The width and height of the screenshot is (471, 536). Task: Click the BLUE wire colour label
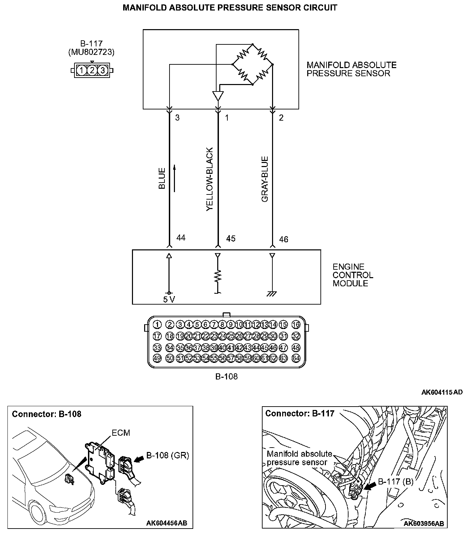coord(162,178)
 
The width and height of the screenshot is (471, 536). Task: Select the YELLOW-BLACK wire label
coord(210,179)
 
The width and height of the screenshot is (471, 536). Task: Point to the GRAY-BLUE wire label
coord(265,179)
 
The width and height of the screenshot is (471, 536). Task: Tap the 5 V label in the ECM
coord(169,300)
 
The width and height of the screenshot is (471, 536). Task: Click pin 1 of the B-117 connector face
coord(82,70)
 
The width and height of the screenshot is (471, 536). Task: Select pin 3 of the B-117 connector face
coord(103,70)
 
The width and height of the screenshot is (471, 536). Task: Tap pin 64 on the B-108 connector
coord(296,358)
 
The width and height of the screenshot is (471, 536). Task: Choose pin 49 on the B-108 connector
coord(157,358)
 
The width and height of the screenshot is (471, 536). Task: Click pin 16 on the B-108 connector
coord(296,325)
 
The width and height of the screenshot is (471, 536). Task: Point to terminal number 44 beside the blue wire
coord(181,238)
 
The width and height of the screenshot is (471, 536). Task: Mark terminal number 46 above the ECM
coord(284,239)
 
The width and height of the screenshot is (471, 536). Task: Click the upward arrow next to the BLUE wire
coord(175,178)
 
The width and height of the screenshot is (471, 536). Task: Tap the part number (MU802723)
coord(91,52)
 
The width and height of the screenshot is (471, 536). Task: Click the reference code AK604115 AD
coord(442,392)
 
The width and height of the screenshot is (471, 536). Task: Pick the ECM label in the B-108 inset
coord(121,433)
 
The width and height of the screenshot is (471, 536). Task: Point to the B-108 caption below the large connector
coord(226,376)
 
